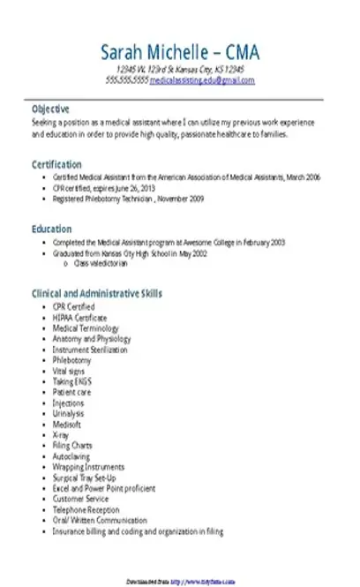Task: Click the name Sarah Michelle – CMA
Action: pos(180,50)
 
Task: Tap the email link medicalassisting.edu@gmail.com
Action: pos(202,79)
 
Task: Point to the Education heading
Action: pos(51,229)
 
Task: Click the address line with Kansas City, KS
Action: pos(180,69)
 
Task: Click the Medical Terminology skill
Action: pos(85,327)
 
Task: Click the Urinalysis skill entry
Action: pos(70,413)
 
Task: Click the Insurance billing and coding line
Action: pos(138,532)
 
